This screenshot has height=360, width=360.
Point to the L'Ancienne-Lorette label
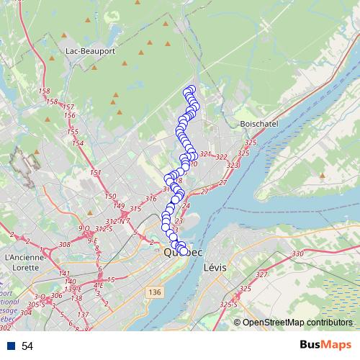click(x=26, y=261)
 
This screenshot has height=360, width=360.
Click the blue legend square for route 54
click(x=11, y=346)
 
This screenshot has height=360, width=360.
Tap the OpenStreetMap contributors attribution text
click(x=297, y=322)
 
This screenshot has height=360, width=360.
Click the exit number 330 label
click(x=298, y=253)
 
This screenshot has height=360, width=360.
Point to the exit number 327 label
click(x=261, y=274)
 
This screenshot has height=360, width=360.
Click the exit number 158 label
click(x=44, y=91)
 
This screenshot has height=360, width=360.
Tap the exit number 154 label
click(x=78, y=143)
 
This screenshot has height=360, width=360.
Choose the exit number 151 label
click(x=96, y=174)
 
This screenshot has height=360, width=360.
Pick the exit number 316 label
click(x=150, y=199)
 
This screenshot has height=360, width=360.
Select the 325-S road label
click(x=230, y=305)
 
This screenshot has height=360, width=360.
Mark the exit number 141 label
click(x=65, y=274)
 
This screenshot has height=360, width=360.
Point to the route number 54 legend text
click(x=27, y=346)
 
